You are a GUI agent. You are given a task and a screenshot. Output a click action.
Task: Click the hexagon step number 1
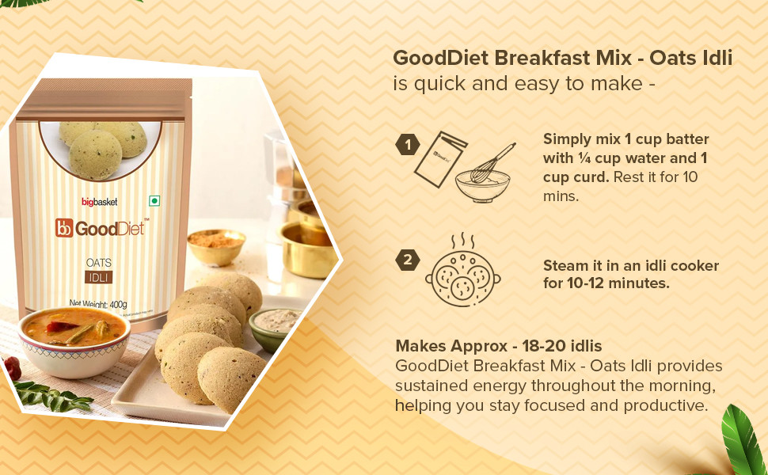point(408,145)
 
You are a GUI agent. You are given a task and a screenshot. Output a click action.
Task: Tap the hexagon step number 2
point(408,260)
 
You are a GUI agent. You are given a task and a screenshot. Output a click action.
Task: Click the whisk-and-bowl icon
point(485,173)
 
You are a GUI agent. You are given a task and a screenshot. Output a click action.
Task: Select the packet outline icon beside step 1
point(440,159)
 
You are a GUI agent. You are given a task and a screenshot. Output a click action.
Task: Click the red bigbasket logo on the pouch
point(100,202)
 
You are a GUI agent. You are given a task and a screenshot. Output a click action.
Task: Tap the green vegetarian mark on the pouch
point(154,201)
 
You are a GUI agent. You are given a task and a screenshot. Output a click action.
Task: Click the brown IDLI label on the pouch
point(99,278)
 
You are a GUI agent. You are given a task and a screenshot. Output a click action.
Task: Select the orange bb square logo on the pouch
point(64,228)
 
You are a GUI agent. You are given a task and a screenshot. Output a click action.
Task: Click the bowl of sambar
point(74,340)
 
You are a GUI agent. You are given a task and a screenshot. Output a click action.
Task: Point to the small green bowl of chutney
point(273,329)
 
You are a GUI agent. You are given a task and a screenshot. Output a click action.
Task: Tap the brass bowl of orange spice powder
point(216,246)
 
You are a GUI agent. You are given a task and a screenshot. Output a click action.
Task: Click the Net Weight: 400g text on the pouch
point(98,304)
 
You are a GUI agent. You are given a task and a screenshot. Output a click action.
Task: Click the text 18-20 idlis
point(562,346)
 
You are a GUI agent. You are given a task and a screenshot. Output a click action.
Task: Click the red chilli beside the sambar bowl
point(12,368)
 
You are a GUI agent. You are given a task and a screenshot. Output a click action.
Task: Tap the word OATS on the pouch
point(99,263)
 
